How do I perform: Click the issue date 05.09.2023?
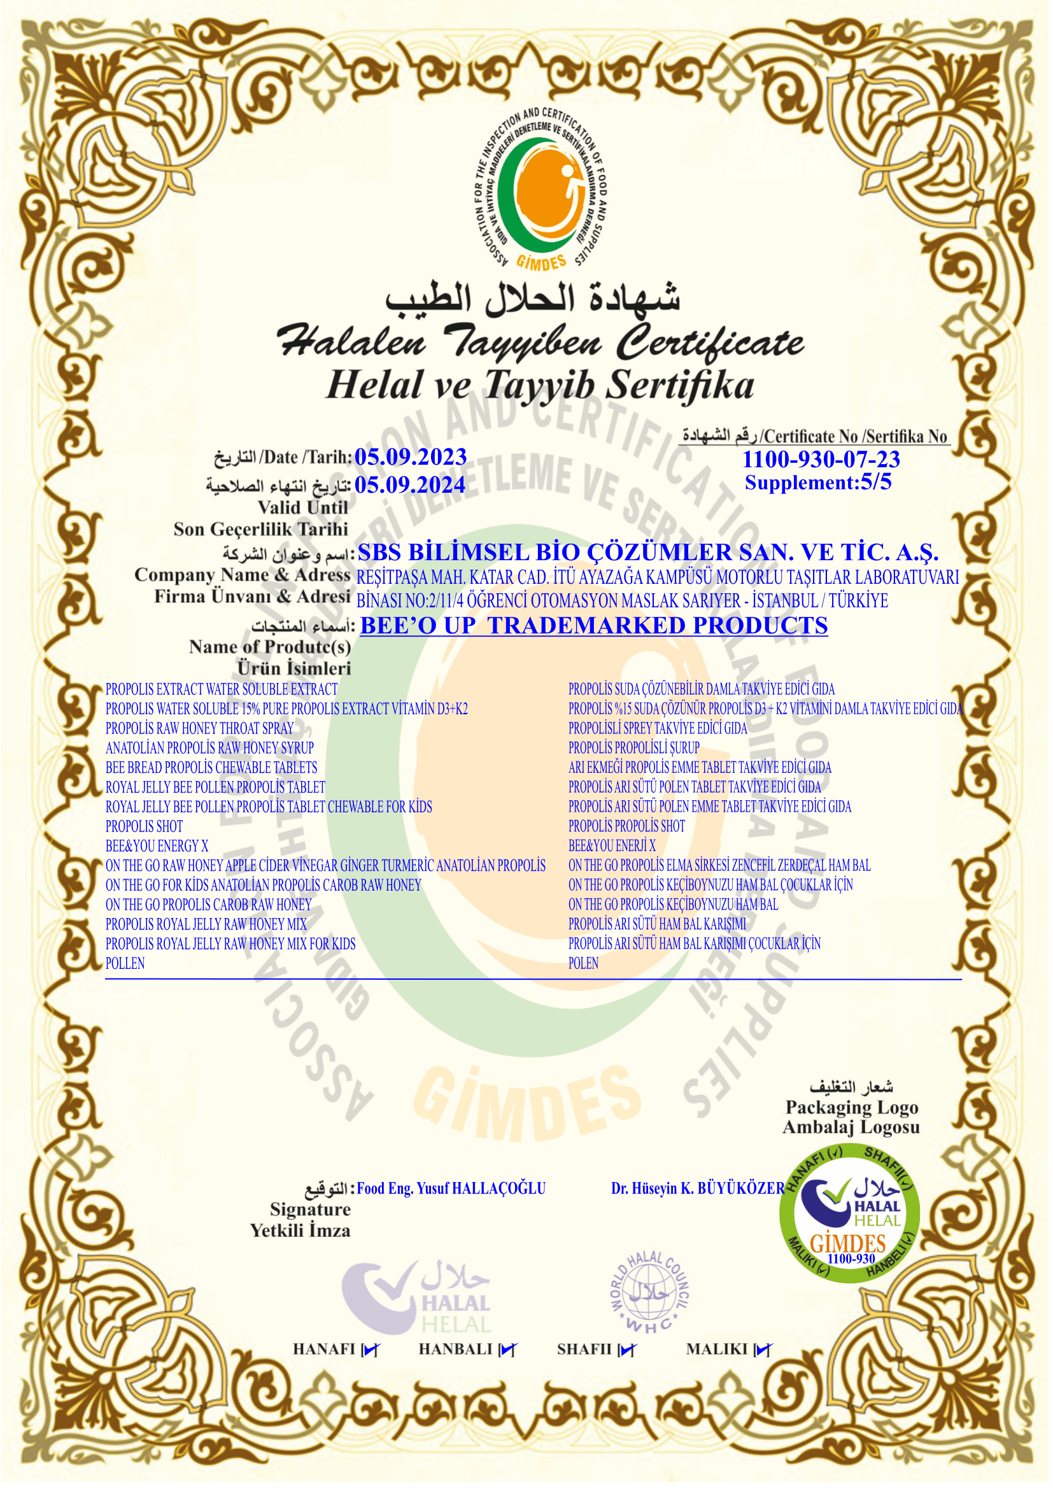pyautogui.click(x=411, y=457)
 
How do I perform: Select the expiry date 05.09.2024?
pyautogui.click(x=410, y=485)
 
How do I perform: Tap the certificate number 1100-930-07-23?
pyautogui.click(x=821, y=459)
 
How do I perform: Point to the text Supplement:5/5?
pyautogui.click(x=818, y=483)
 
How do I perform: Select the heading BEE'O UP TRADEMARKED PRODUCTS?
pyautogui.click(x=593, y=625)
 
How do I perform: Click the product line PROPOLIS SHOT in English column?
pyautogui.click(x=144, y=827)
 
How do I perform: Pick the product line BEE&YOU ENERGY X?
pyautogui.click(x=157, y=846)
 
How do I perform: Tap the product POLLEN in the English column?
pyautogui.click(x=125, y=964)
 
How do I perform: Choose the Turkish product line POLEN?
pyautogui.click(x=583, y=964)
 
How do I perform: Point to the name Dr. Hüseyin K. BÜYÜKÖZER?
pyautogui.click(x=698, y=1189)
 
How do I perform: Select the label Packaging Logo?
pyautogui.click(x=851, y=1108)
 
